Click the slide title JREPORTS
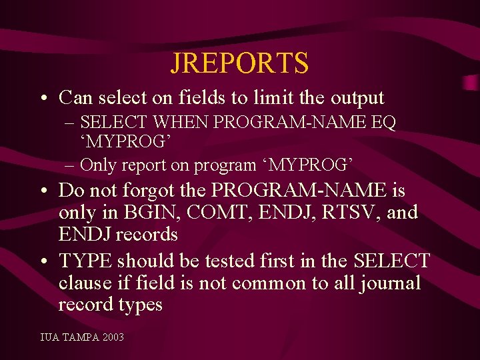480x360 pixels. coord(239,63)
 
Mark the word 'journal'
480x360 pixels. coord(390,283)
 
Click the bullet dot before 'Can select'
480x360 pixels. coord(43,99)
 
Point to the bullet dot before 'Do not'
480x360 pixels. coord(43,191)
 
